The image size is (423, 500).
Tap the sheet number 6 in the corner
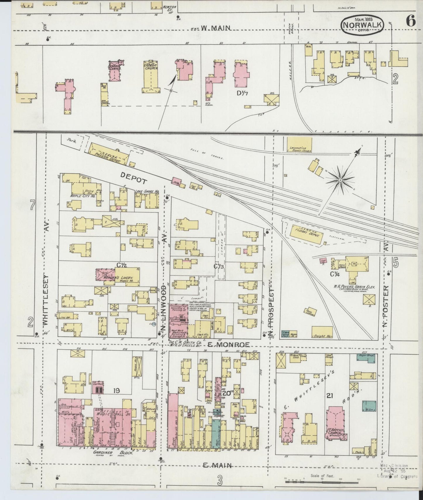tap(410, 21)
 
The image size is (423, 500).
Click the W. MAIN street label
tap(216, 28)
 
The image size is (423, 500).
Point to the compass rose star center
tap(340, 181)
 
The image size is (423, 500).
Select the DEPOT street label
tap(134, 177)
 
